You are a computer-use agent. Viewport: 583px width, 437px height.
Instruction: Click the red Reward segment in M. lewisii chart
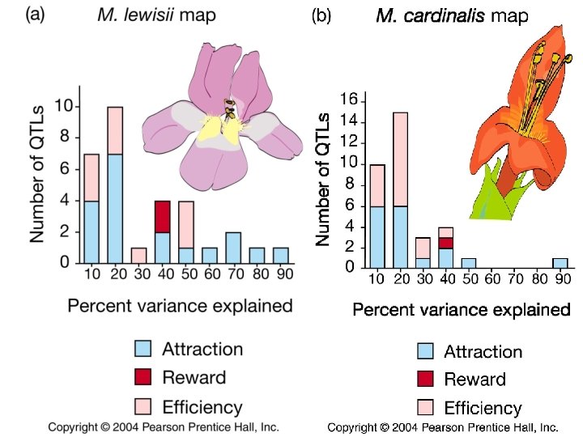162,216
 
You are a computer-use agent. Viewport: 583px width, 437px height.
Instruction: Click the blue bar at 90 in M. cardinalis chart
560,263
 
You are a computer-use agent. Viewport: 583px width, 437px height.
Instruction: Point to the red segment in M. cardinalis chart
445,242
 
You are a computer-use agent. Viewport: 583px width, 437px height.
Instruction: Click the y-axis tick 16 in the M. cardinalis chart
348,100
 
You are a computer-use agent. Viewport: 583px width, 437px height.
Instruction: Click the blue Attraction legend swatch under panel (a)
143,349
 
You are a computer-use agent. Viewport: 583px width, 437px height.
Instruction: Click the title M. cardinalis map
452,16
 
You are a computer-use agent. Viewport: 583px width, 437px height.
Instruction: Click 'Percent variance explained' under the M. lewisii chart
180,306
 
